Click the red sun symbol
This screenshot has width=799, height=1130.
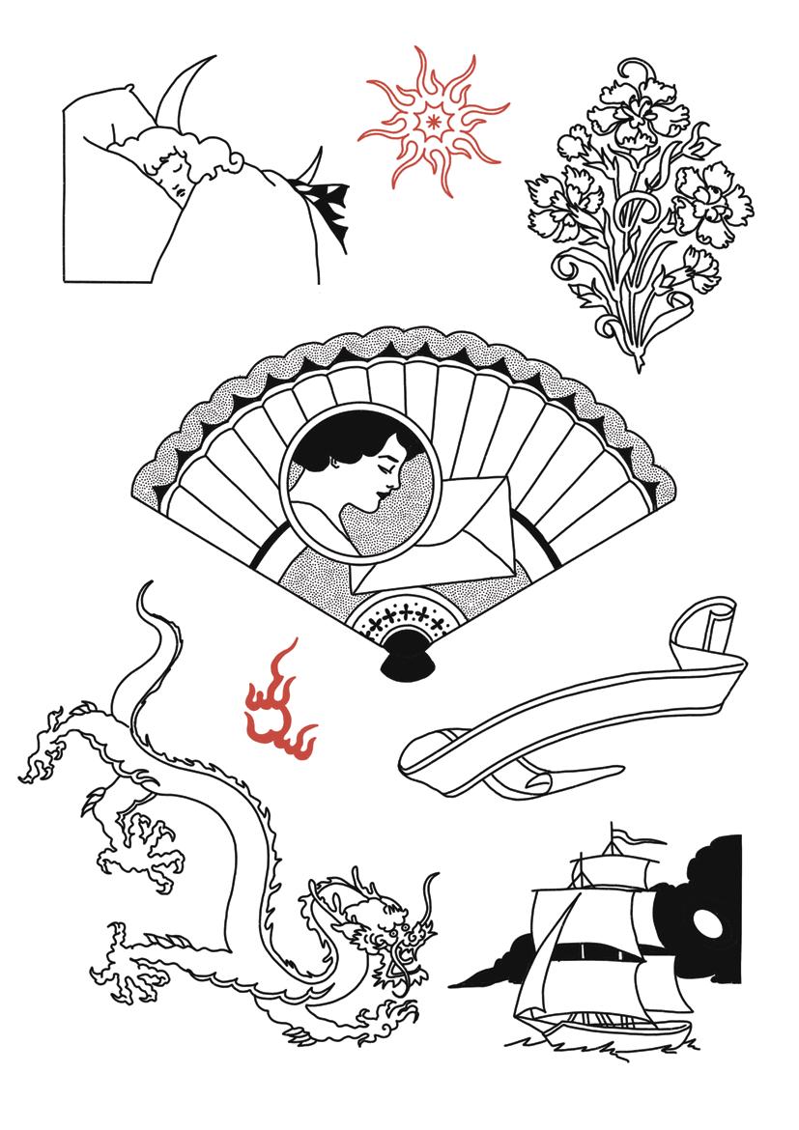[432, 120]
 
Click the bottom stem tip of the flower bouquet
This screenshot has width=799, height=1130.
[639, 365]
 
